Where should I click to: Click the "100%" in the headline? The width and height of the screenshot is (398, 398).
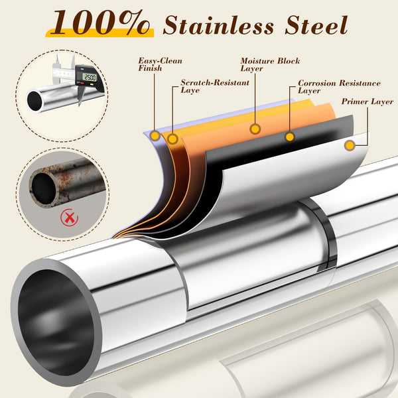pyautogui.click(x=101, y=23)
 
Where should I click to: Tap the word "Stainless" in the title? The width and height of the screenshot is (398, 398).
pyautogui.click(x=218, y=25)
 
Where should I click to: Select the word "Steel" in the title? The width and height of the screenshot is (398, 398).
pyautogui.click(x=316, y=25)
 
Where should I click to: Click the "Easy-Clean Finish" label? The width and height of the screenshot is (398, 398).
pyautogui.click(x=160, y=64)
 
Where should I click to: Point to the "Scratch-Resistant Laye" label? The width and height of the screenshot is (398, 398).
pyautogui.click(x=215, y=86)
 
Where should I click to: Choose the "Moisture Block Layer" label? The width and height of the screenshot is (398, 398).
pyautogui.click(x=270, y=64)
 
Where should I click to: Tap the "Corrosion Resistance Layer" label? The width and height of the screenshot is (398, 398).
pyautogui.click(x=339, y=86)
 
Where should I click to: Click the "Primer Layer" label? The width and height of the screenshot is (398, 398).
pyautogui.click(x=367, y=101)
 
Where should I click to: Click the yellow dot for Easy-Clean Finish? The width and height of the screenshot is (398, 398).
pyautogui.click(x=155, y=135)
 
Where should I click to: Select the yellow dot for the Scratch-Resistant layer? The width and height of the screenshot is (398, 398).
pyautogui.click(x=172, y=139)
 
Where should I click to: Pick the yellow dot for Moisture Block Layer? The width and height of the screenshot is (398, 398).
pyautogui.click(x=255, y=129)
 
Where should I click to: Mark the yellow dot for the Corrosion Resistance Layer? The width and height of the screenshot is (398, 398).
pyautogui.click(x=290, y=137)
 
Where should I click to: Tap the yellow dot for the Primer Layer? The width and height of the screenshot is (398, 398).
pyautogui.click(x=350, y=145)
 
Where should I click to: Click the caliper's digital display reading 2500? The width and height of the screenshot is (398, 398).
pyautogui.click(x=90, y=77)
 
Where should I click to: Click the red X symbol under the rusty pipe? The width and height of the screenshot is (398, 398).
pyautogui.click(x=69, y=218)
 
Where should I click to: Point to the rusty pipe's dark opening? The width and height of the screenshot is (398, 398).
pyautogui.click(x=44, y=189)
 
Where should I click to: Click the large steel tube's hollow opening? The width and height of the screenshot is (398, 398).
pyautogui.click(x=56, y=322)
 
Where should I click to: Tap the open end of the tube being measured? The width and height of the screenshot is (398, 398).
pyautogui.click(x=34, y=101)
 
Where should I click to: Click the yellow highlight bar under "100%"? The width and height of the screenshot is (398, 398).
pyautogui.click(x=99, y=33)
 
